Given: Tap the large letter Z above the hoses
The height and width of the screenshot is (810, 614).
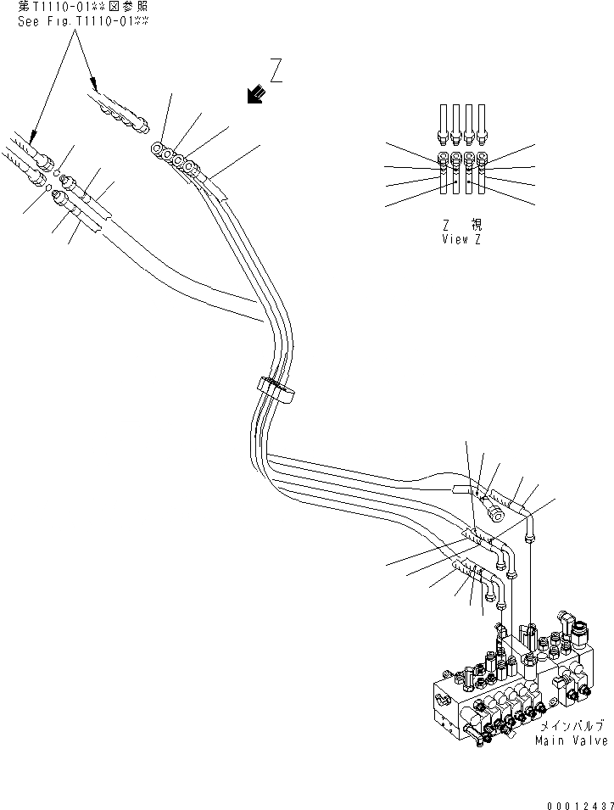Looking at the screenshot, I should coord(276,70).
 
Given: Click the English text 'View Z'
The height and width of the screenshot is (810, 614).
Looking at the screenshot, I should coord(460,239).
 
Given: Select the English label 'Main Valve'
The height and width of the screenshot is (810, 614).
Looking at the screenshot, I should coord(571,740).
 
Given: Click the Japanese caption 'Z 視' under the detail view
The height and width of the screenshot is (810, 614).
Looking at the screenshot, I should coord(462,226).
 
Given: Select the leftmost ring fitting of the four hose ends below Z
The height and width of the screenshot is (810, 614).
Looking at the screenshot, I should coord(158,149).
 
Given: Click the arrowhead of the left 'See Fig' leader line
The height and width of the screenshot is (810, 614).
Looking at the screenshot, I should coord(31,136).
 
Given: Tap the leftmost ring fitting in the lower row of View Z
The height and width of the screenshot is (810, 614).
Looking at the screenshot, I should coord(443,159).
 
